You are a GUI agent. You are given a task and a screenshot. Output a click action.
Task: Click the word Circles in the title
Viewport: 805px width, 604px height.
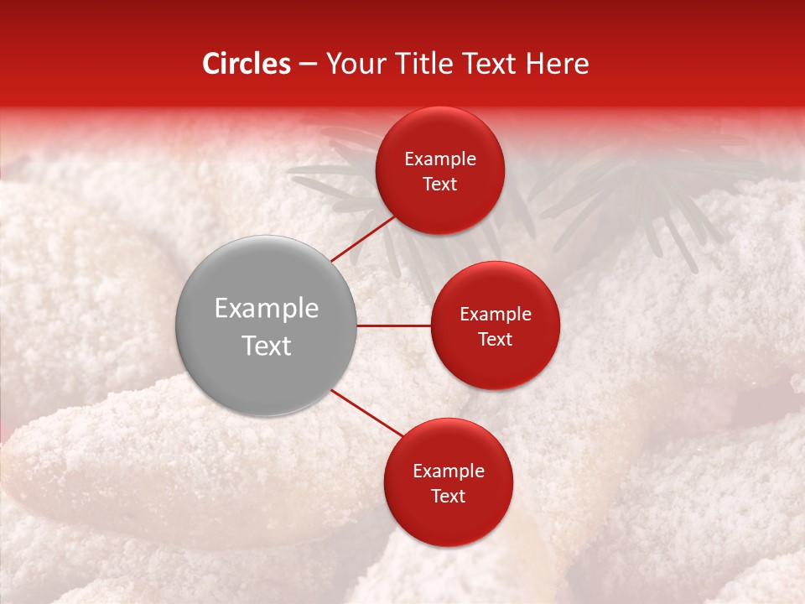click(x=246, y=64)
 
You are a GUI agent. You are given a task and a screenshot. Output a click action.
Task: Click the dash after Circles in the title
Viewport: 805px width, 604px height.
click(x=308, y=65)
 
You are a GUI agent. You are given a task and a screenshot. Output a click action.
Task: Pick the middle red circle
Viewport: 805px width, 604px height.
click(x=495, y=361)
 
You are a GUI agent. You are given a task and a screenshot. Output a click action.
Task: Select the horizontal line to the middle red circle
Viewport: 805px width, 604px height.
click(x=393, y=325)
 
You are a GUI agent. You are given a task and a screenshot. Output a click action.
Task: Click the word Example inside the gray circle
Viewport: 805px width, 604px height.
click(x=266, y=309)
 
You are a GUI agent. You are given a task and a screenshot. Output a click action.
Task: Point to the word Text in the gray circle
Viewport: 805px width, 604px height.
click(x=266, y=346)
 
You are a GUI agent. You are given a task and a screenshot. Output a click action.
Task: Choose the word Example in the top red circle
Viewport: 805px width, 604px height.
click(x=440, y=159)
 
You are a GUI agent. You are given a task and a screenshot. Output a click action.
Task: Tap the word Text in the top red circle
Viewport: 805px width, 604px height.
click(x=440, y=185)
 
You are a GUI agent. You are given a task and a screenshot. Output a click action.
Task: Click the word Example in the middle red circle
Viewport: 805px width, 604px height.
click(x=495, y=315)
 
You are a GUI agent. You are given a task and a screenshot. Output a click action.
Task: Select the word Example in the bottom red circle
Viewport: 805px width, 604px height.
click(x=448, y=471)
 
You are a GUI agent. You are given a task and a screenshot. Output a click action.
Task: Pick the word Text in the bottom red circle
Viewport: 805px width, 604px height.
click(x=448, y=497)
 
